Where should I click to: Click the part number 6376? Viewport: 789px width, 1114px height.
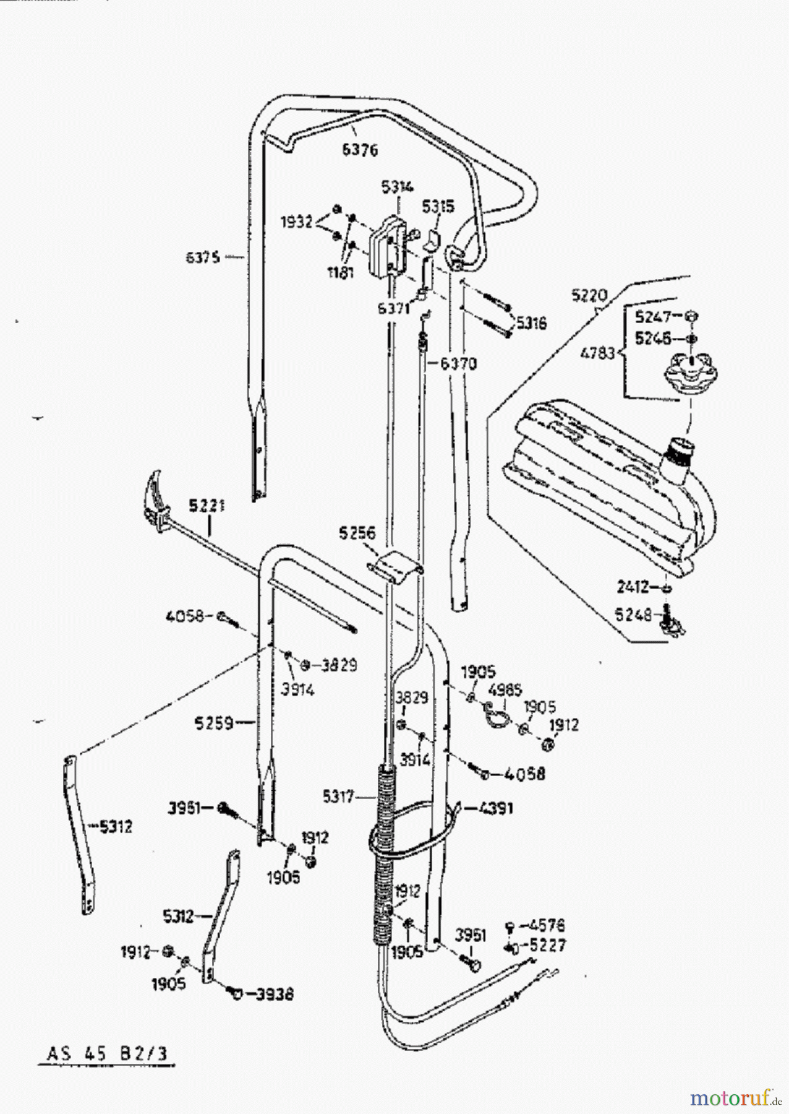359,150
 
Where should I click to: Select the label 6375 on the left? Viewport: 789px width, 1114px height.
203,256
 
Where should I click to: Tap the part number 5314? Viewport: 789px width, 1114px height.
397,187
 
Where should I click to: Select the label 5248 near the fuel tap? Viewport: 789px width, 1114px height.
634,615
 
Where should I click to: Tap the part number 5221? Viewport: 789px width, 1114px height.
207,506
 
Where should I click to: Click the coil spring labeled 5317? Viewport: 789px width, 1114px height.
383,854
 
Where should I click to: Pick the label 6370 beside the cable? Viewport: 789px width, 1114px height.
458,364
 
